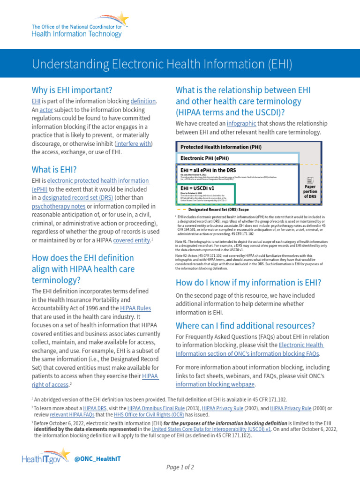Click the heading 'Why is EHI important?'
tap(72, 90)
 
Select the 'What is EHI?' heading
tap(54, 169)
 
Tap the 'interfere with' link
tap(134, 143)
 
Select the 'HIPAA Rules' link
tap(136, 308)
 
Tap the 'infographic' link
tap(241, 124)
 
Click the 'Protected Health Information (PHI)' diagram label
tap(221, 147)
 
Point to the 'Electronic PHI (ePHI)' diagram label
tap(205, 158)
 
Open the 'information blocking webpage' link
tap(215, 384)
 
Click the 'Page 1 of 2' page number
tap(180, 467)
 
